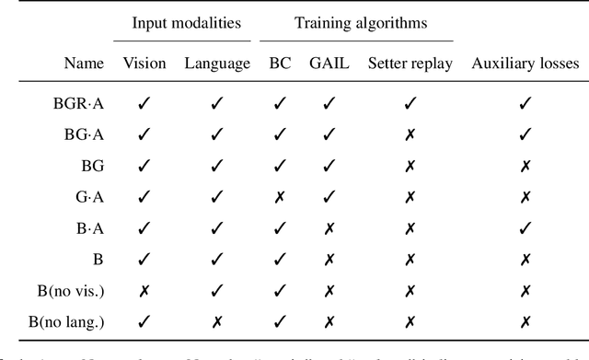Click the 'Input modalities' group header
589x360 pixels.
click(x=181, y=24)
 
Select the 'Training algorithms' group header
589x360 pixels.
click(x=355, y=24)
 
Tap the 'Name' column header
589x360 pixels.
click(x=84, y=64)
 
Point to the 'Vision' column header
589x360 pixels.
click(x=144, y=64)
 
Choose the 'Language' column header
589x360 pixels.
click(x=216, y=64)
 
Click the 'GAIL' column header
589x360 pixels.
click(x=328, y=64)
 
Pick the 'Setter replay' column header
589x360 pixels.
click(x=410, y=64)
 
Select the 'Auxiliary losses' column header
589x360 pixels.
click(x=525, y=64)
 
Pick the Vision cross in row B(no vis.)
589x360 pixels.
click(x=144, y=291)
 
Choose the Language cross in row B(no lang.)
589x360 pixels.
click(x=217, y=321)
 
